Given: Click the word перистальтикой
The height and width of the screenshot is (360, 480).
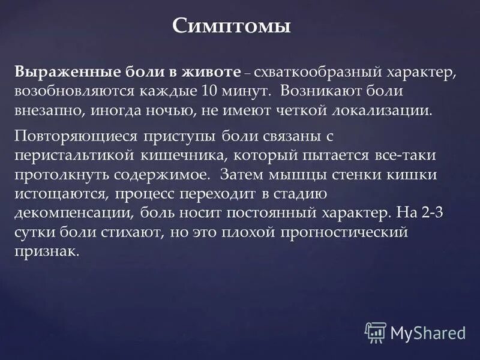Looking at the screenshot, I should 64,155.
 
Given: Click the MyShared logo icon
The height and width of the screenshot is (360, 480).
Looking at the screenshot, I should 375,331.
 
